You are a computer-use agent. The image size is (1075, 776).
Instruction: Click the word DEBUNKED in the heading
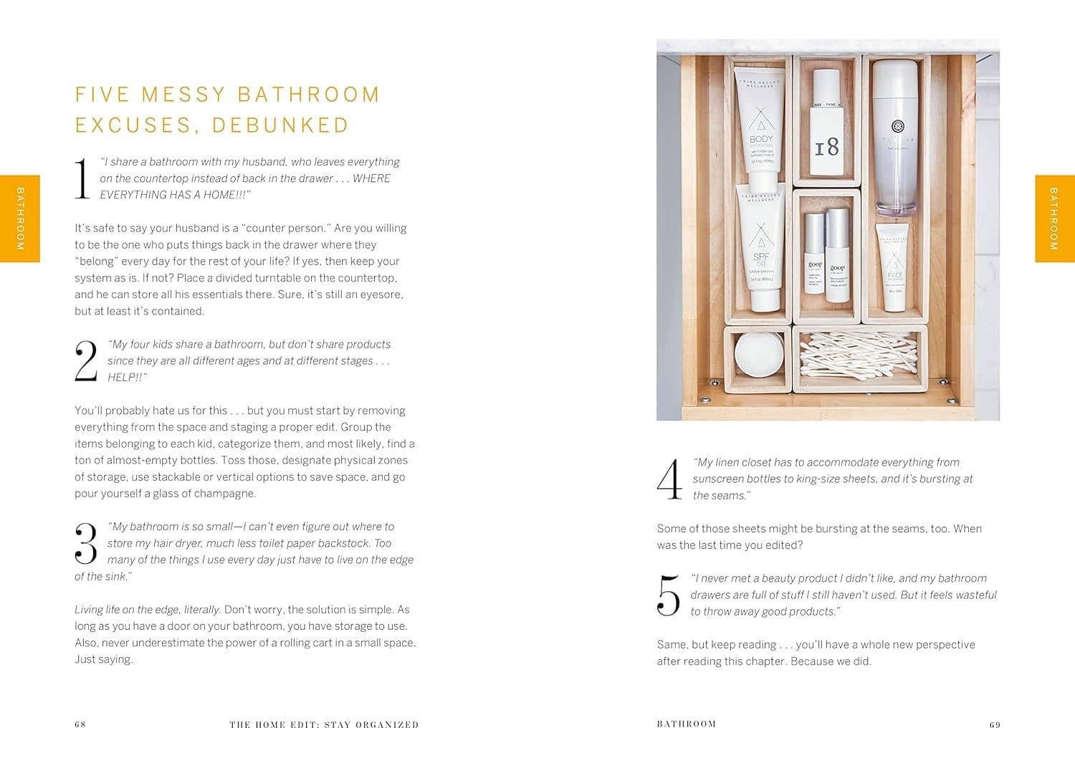[280, 125]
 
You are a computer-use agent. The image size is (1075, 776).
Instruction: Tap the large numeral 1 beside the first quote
[82, 178]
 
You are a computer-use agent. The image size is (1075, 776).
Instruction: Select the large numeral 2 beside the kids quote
[86, 361]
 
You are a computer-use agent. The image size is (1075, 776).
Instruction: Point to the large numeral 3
[86, 544]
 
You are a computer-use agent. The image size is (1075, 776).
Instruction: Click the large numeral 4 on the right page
[670, 479]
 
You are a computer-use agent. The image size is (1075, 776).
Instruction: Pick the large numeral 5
[669, 595]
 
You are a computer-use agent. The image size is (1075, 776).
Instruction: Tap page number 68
[80, 724]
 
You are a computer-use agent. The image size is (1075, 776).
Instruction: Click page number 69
[995, 724]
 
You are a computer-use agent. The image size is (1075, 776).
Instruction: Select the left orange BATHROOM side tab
[19, 219]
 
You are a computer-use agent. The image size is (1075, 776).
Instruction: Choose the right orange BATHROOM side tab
[1055, 219]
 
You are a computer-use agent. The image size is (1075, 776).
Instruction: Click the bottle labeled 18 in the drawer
[826, 123]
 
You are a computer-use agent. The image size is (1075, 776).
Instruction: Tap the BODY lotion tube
[760, 127]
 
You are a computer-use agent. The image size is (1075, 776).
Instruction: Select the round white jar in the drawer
[759, 354]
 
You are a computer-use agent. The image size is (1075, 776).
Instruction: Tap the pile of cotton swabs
[859, 355]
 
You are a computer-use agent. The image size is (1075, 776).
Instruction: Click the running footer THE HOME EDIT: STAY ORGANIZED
[324, 724]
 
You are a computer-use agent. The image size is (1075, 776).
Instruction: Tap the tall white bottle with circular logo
[894, 138]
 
